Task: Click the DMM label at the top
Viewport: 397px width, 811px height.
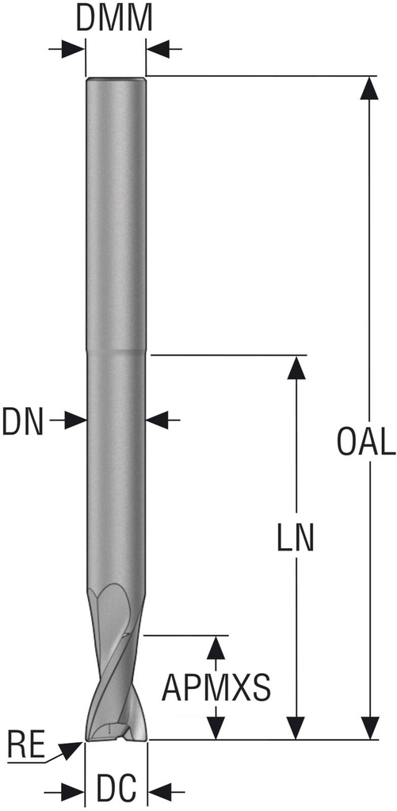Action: pos(114,19)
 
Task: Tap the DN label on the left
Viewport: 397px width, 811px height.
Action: pos(22,421)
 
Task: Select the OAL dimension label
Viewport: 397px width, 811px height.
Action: pos(366,443)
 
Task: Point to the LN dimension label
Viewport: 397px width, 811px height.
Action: pos(296,539)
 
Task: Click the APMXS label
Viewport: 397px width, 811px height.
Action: pos(216,687)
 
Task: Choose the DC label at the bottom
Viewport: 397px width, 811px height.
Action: pos(116,788)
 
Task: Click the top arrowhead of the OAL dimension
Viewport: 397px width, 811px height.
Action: pos(369,87)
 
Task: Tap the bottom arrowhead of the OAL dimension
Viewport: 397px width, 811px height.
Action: pos(369,729)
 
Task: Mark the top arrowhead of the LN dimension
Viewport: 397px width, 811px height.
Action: pos(296,367)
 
